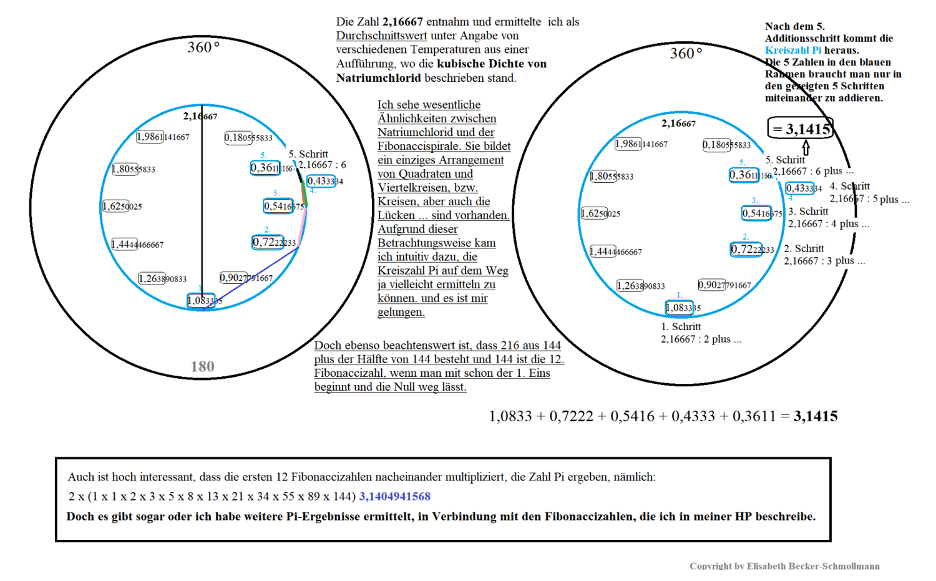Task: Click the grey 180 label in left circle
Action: coord(202,366)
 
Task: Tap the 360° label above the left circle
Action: coord(203,47)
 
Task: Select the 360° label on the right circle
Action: coord(686,54)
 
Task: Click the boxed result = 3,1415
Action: coord(801,129)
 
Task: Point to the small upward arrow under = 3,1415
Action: coord(806,148)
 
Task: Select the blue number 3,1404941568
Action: coord(394,497)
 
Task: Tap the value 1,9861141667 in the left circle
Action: coord(163,137)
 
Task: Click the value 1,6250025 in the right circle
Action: coord(600,213)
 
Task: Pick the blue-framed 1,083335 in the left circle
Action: coord(202,301)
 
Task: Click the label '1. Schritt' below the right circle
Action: coord(681,327)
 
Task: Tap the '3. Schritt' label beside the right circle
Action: coord(808,212)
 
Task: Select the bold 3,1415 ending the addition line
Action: coord(816,416)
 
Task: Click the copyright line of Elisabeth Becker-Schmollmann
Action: coord(784,566)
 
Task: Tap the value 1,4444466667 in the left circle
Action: coord(137,245)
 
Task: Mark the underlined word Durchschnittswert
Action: coord(381,36)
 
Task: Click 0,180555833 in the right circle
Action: coord(726,145)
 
